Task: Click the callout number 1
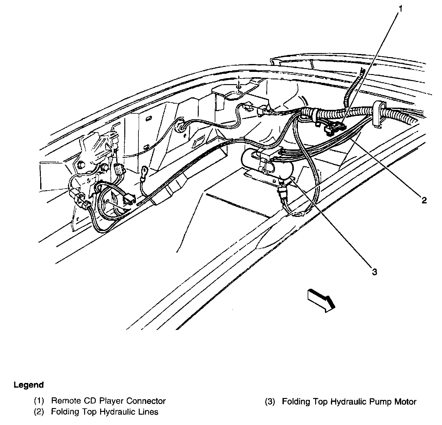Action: click(400, 9)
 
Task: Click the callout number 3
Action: click(374, 272)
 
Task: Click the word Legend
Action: click(29, 385)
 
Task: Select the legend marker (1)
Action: click(40, 401)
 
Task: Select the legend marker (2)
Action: click(40, 412)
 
